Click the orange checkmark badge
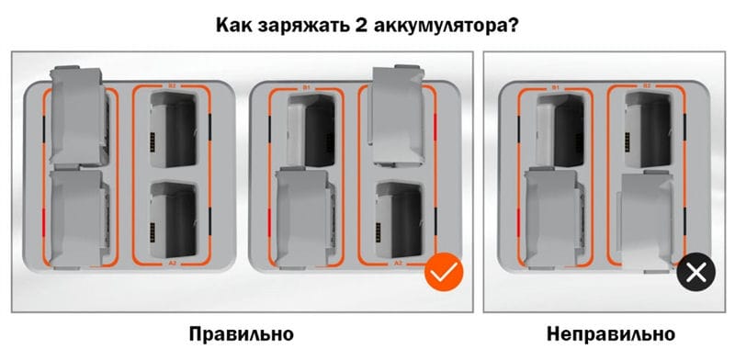(x=444, y=272)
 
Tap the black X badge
(x=696, y=272)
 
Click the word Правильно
(x=242, y=334)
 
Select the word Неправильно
(x=611, y=334)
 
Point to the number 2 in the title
(x=360, y=26)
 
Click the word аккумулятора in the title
(x=441, y=27)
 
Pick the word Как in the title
(x=234, y=26)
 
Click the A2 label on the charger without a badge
(x=172, y=264)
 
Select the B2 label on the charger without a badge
(x=172, y=86)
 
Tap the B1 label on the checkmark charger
(x=307, y=87)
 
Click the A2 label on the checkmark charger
(x=398, y=264)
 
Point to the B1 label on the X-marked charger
(x=556, y=87)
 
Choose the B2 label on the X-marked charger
(x=647, y=86)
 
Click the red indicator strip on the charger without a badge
(x=43, y=221)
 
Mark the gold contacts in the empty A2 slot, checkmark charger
(x=379, y=231)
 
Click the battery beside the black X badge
(x=648, y=221)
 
